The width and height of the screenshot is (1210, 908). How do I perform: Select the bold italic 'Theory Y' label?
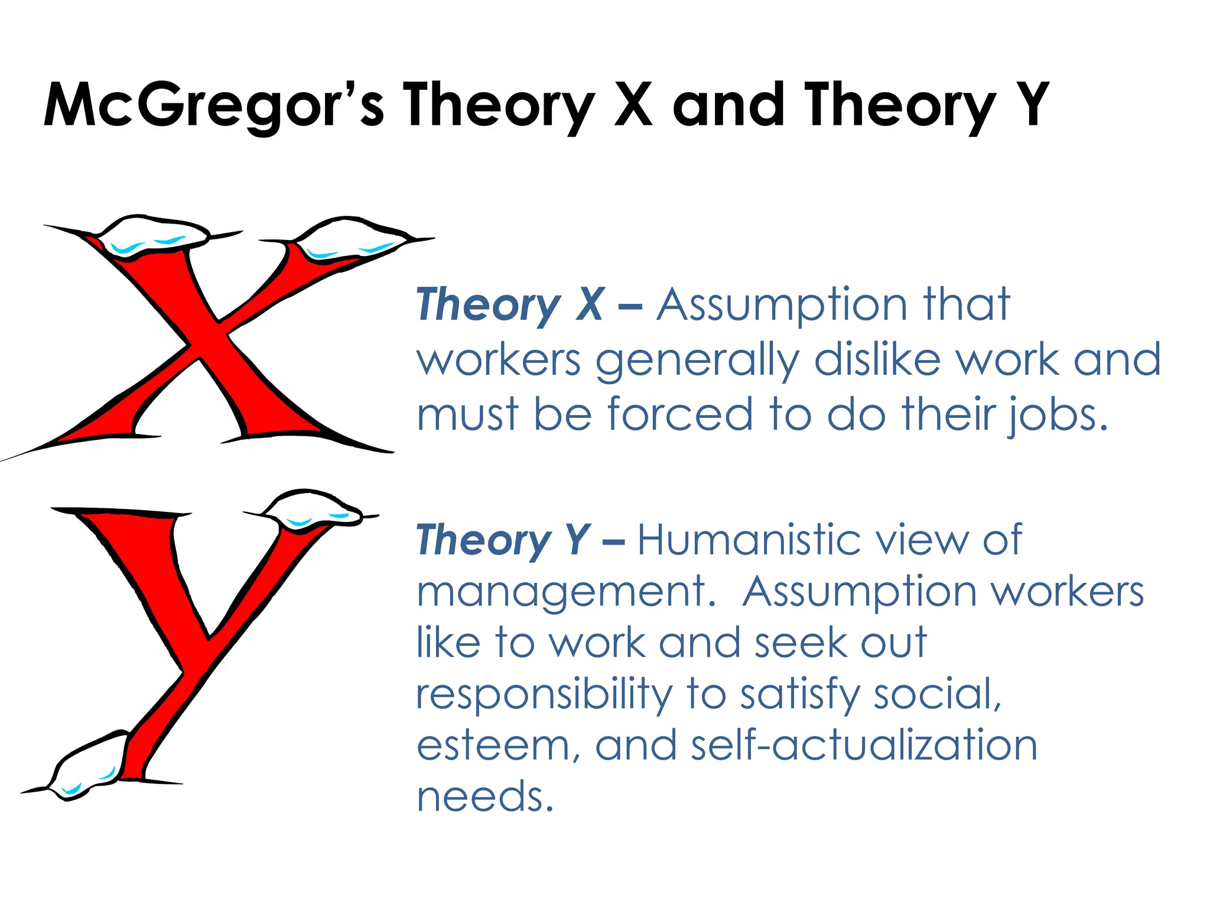tap(503, 540)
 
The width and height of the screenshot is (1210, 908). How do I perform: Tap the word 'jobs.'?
tap(1057, 415)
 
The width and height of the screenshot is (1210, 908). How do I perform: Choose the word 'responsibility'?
tap(544, 695)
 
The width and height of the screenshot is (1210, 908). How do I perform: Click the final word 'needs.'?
tap(485, 797)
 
